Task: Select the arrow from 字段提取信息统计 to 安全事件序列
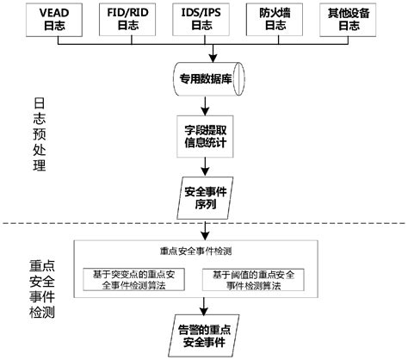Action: tap(204, 170)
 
